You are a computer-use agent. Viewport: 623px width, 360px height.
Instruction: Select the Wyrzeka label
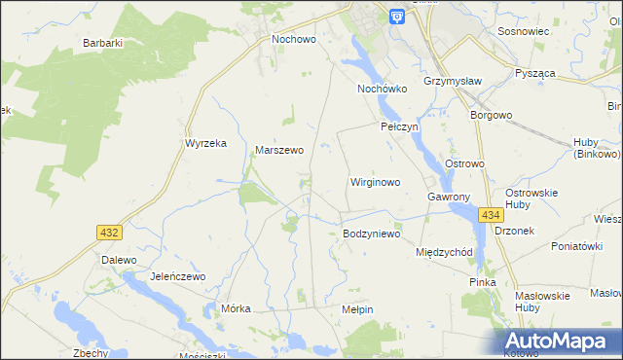click(x=205, y=143)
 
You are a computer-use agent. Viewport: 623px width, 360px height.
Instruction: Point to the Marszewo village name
click(x=279, y=151)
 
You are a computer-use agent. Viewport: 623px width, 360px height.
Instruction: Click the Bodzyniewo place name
click(x=372, y=234)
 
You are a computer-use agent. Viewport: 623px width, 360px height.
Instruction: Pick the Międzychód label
click(x=444, y=252)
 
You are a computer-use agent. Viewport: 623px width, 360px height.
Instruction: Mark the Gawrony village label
click(x=449, y=197)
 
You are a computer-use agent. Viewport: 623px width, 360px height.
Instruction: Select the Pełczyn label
click(x=399, y=127)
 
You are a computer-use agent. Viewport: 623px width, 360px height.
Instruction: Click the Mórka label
click(x=237, y=308)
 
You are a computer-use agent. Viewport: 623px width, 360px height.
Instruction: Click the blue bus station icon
click(x=397, y=17)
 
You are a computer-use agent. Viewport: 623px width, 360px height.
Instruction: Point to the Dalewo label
click(x=118, y=261)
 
